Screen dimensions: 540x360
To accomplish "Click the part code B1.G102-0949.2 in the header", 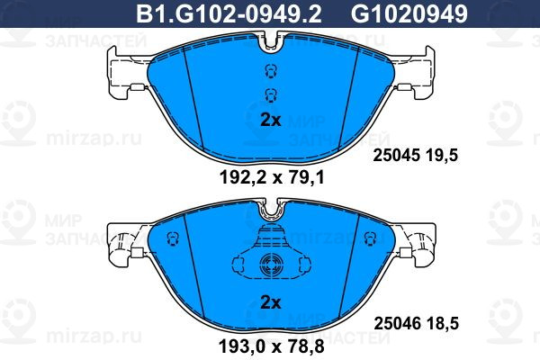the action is pyautogui.click(x=229, y=13).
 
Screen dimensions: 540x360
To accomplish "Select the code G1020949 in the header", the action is pyautogui.click(x=409, y=13).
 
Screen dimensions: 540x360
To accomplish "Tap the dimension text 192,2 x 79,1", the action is pyautogui.click(x=272, y=178).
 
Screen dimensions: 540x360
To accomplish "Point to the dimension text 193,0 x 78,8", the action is pyautogui.click(x=272, y=346).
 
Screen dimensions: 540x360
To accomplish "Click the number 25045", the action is pyautogui.click(x=396, y=156).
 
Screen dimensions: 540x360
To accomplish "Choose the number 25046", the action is pyautogui.click(x=397, y=324).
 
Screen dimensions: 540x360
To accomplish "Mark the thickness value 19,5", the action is pyautogui.click(x=442, y=156).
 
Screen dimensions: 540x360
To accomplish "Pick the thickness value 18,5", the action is pyautogui.click(x=443, y=324).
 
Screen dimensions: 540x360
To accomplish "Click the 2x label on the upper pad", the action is pyautogui.click(x=271, y=120).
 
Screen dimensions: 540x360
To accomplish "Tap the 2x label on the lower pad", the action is pyautogui.click(x=271, y=302).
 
